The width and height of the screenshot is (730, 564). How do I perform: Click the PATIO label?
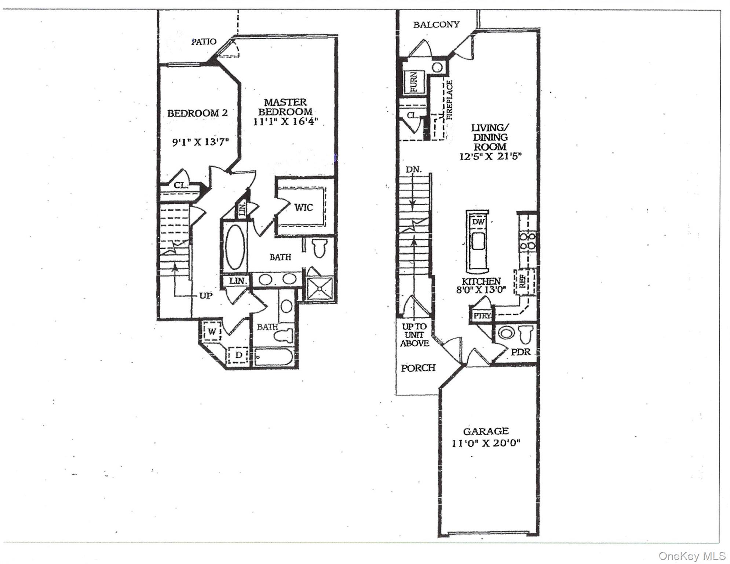204,41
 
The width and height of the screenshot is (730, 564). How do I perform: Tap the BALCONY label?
436,25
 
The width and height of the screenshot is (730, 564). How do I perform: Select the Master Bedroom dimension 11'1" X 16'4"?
285,122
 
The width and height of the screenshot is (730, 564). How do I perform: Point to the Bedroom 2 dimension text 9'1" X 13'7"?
200,142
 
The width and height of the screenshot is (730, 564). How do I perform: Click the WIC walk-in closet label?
303,208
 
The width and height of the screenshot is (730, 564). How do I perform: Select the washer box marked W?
212,332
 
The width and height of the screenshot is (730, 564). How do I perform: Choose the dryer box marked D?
238,355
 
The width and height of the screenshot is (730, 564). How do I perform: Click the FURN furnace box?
414,83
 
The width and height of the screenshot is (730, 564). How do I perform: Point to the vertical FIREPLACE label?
450,100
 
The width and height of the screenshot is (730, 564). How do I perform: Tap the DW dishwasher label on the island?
478,222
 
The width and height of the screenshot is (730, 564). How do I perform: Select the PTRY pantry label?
481,316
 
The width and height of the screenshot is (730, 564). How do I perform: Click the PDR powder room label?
521,352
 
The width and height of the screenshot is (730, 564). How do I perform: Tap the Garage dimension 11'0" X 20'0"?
486,443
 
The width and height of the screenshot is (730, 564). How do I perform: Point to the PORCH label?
418,368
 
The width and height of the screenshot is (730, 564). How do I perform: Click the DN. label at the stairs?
413,170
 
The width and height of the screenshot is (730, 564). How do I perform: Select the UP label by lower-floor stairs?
206,296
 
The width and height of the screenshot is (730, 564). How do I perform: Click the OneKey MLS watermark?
692,556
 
